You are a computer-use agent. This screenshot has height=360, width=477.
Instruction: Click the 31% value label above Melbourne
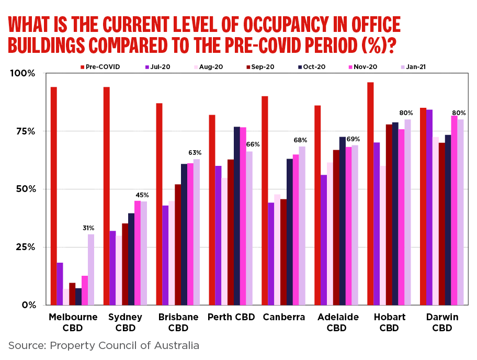[88, 228]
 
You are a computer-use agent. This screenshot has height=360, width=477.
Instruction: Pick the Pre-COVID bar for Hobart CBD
[370, 194]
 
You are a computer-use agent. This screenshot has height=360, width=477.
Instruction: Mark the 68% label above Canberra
[300, 140]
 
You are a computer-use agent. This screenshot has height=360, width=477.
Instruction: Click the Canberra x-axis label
[284, 317]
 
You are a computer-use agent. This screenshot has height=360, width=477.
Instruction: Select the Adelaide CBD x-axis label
[337, 322]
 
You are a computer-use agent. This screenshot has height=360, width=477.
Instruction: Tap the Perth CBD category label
[231, 317]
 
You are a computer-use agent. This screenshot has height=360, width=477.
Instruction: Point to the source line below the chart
[104, 345]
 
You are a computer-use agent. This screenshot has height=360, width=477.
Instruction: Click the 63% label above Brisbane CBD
[195, 152]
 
